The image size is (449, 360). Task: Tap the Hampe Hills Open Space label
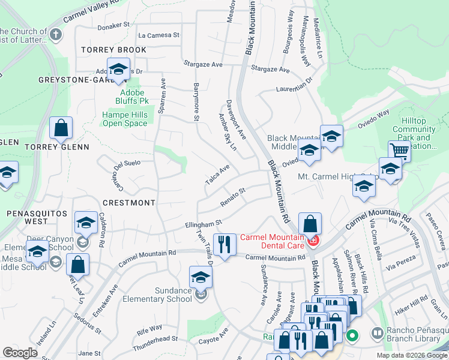pyautogui.click(x=124, y=119)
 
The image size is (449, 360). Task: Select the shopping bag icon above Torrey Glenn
pyautogui.click(x=61, y=128)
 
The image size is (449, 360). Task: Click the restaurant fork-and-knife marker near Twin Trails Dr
pyautogui.click(x=224, y=245)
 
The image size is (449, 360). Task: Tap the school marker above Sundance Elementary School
pyautogui.click(x=200, y=277)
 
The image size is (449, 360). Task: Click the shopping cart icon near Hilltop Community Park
pyautogui.click(x=399, y=151)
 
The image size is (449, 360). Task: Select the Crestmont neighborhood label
pyautogui.click(x=129, y=203)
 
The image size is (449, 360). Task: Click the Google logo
pyautogui.click(x=20, y=353)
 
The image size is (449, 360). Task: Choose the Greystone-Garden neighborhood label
pyautogui.click(x=76, y=80)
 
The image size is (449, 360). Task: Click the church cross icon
pyautogui.click(x=55, y=34)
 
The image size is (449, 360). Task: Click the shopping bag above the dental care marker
pyautogui.click(x=309, y=223)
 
